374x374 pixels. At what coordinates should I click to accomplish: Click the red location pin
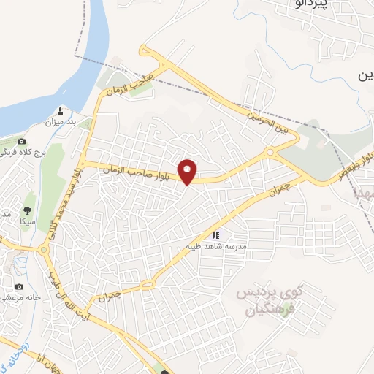(x=189, y=171)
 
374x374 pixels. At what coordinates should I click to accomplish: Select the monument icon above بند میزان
(x=61, y=112)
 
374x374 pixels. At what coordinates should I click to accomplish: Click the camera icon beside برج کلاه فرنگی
(x=21, y=141)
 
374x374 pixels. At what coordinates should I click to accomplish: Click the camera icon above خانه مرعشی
(x=20, y=286)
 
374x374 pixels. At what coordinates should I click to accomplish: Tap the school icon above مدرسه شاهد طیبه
(x=215, y=235)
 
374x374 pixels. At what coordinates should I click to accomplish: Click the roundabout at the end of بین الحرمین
(x=270, y=152)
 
